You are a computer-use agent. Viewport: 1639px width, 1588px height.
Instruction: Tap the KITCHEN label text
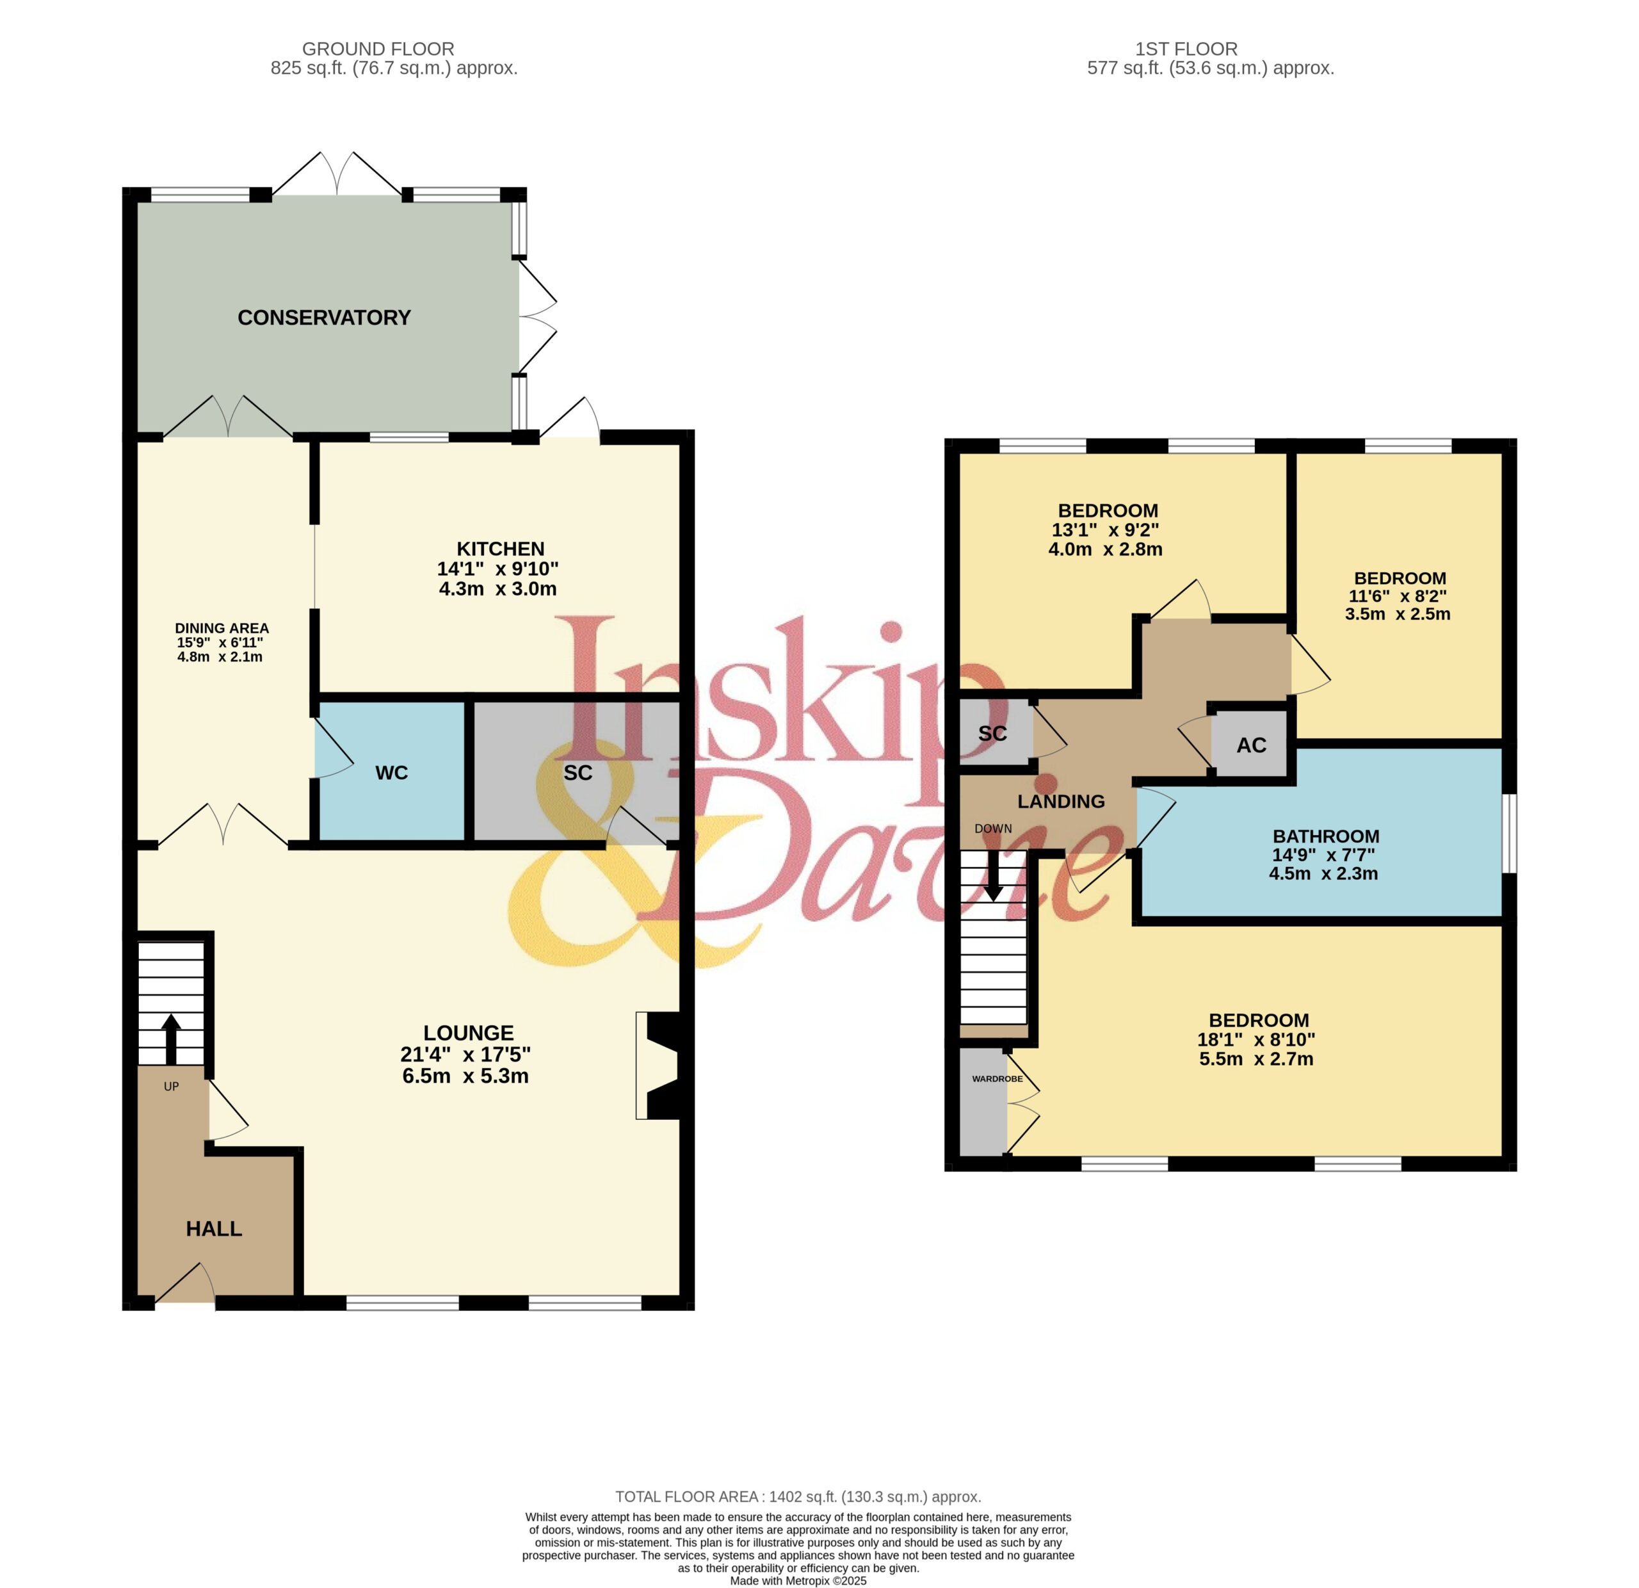500,549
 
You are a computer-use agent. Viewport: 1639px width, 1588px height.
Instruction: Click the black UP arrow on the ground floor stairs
170,1039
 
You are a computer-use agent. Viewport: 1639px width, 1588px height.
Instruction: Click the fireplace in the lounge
660,1065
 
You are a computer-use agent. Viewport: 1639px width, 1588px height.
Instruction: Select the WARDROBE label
997,1079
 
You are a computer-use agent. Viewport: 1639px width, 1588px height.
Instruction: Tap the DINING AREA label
222,628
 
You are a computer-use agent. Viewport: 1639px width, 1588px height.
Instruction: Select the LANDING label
1061,801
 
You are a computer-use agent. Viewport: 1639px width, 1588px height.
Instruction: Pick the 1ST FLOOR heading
1186,49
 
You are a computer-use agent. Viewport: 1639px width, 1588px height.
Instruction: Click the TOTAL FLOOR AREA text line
798,1497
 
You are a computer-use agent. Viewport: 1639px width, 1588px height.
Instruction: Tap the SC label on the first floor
992,733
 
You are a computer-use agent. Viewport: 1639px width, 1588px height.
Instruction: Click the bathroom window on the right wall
1510,834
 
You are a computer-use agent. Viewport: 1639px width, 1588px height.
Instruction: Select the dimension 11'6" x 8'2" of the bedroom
1398,596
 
